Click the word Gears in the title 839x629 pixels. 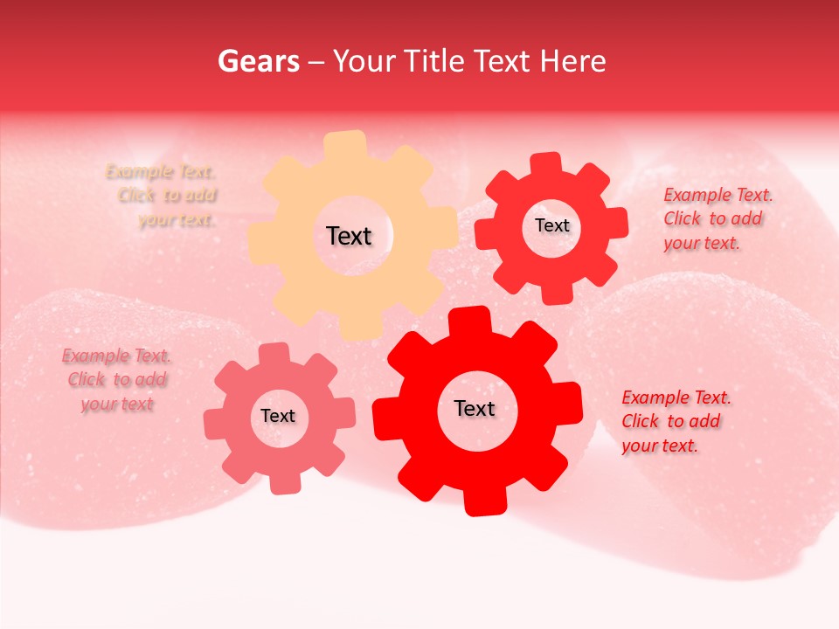(258, 61)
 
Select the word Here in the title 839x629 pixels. (573, 61)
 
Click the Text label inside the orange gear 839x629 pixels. (349, 236)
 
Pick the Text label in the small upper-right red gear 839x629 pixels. (551, 225)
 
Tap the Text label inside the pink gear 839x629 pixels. (278, 416)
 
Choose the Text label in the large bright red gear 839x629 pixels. (475, 408)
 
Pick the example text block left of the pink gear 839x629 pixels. (117, 380)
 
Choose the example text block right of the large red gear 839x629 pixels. (676, 421)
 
